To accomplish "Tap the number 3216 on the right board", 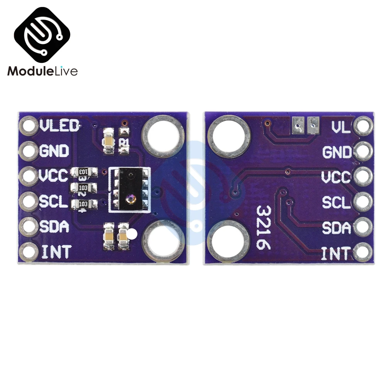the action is [x=264, y=227].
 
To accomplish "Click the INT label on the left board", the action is [x=56, y=252].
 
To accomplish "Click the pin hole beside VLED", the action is [x=29, y=126].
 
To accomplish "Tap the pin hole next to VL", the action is [x=364, y=126].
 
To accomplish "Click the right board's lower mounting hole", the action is [x=229, y=242].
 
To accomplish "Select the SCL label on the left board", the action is [x=54, y=201].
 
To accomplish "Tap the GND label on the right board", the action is [x=337, y=152].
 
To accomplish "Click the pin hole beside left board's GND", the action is [x=29, y=151].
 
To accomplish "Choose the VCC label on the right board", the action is [x=335, y=177].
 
